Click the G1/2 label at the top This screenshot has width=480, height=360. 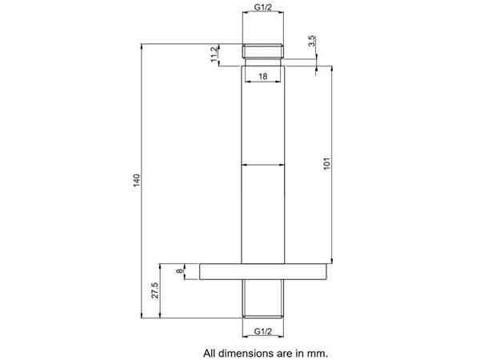point(263,7)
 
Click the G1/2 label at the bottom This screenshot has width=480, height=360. point(263,331)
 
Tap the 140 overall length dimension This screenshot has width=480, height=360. point(137,180)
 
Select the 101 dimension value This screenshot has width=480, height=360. point(327,164)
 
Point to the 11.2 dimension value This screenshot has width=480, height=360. point(214,54)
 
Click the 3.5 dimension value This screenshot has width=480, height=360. point(312,41)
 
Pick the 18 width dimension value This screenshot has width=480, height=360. point(263,76)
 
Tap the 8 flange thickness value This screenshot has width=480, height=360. point(180,271)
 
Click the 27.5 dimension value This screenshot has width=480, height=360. point(155,290)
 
